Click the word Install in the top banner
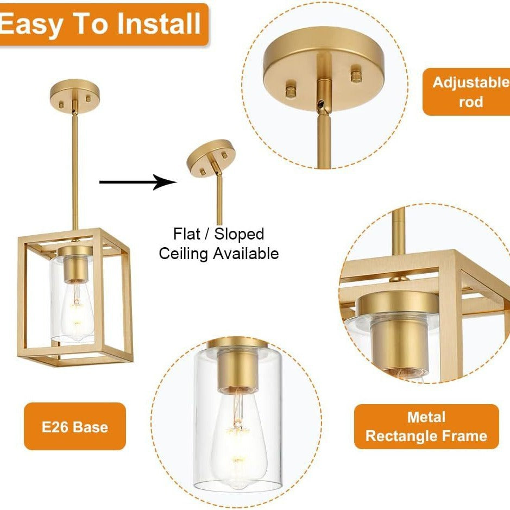tap(159, 23)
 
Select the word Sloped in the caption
tap(239, 234)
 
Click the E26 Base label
tap(75, 427)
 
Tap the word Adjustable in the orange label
tap(471, 83)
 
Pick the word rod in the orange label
tap(471, 102)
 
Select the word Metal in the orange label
tap(426, 417)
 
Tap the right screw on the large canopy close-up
tap(356, 74)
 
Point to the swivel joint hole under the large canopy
tap(321, 104)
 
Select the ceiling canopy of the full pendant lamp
tap(75, 93)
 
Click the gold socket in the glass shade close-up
tap(238, 368)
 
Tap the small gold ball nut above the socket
tap(400, 279)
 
